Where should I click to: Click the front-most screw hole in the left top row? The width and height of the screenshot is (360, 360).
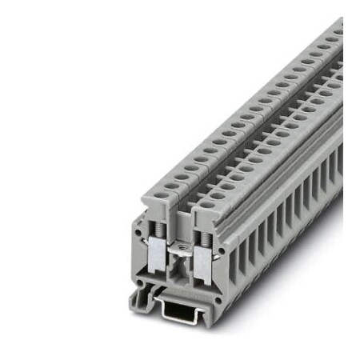click(161, 194)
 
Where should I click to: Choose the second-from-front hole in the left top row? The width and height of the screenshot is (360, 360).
click(171, 186)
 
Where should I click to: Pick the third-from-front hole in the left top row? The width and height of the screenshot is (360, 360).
click(182, 177)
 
